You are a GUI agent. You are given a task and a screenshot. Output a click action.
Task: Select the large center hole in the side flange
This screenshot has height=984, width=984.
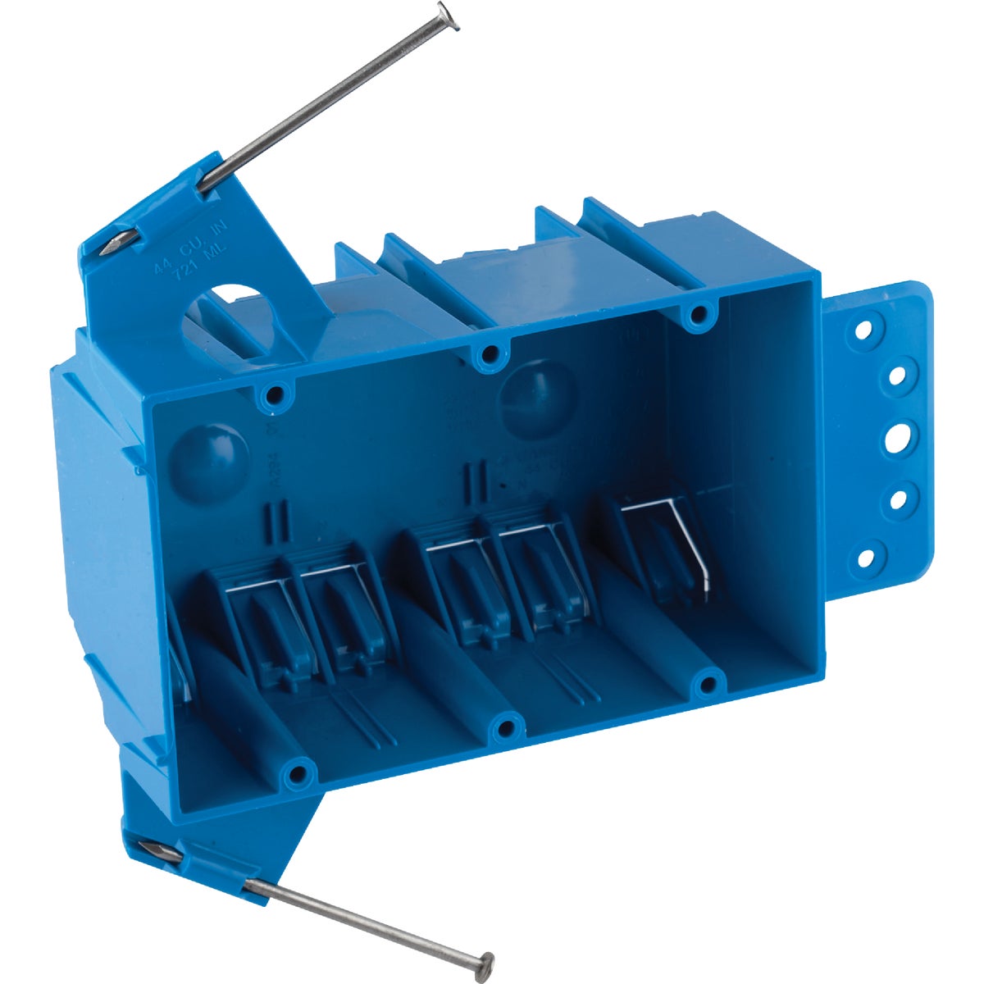[896, 436]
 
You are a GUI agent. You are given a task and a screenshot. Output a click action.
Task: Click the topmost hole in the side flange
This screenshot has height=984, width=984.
[862, 332]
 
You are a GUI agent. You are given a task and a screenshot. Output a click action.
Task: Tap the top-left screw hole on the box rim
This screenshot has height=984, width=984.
[272, 396]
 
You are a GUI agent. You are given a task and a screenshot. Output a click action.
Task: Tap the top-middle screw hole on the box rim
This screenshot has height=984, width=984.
[490, 355]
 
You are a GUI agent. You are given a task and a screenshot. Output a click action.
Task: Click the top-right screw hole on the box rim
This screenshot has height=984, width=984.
[699, 314]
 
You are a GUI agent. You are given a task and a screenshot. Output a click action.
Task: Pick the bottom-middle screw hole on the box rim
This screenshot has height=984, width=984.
[508, 725]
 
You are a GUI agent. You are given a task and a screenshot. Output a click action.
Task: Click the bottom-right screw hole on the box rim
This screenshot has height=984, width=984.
[708, 681]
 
